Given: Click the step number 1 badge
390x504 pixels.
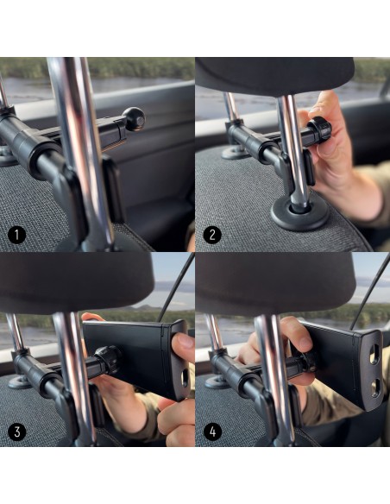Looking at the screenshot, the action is tap(16, 236).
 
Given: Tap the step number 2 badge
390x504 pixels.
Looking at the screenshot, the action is tap(212, 235).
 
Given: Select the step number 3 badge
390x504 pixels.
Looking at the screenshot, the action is tap(17, 431).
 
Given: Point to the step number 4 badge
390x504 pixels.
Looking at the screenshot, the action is tap(212, 431).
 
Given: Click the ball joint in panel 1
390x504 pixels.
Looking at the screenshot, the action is tap(135, 119).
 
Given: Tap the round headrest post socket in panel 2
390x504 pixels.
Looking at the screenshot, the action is tap(299, 214).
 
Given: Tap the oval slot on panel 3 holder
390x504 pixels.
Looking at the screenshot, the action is tap(185, 378).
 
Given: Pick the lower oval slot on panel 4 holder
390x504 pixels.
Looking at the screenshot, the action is tap(374, 387).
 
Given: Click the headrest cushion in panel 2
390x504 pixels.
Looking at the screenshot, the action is tap(274, 76).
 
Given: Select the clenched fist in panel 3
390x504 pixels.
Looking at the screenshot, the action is tap(176, 418).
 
